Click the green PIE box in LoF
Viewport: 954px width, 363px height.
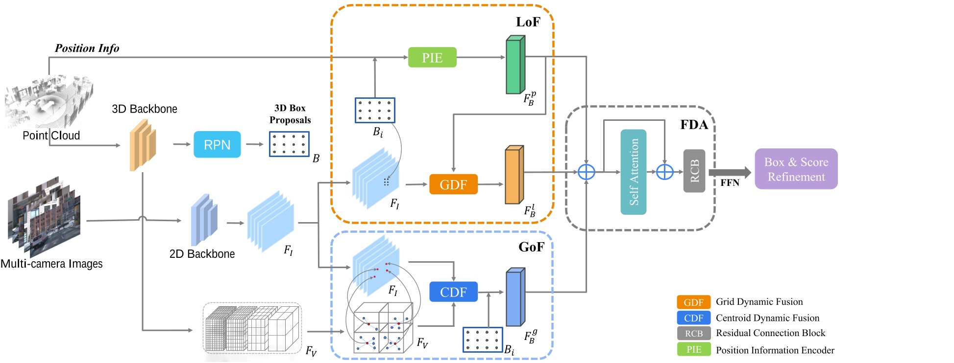pos(432,57)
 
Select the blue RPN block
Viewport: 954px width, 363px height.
pos(217,144)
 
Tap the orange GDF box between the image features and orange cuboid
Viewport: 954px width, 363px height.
pos(453,184)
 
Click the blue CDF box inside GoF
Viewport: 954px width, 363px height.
pos(453,292)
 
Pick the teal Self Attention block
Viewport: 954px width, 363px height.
pos(633,172)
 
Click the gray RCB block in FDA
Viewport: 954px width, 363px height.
pos(694,171)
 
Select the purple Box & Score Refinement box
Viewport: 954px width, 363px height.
pos(796,169)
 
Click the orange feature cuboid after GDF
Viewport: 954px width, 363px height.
pos(514,175)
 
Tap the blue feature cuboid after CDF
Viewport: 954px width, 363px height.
pos(515,297)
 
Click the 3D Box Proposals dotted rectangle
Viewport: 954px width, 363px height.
pos(289,144)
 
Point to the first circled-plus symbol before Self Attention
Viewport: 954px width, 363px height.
pos(586,172)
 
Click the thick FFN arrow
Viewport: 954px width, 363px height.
pos(730,172)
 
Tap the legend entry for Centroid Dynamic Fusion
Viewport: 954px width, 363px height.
pos(767,318)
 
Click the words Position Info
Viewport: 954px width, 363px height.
pos(87,48)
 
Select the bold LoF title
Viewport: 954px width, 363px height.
pos(528,22)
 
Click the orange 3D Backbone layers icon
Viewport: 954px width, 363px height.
pos(143,145)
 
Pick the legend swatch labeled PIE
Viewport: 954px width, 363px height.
pos(694,349)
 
